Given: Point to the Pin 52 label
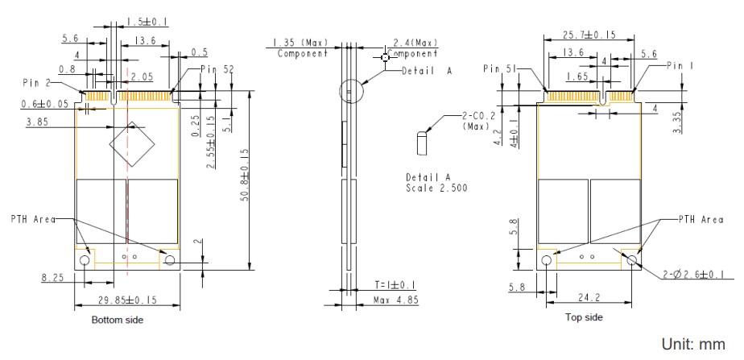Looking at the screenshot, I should [x=216, y=69].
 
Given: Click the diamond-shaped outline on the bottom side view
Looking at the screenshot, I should [x=131, y=143].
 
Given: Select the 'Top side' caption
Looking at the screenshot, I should [x=585, y=317].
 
